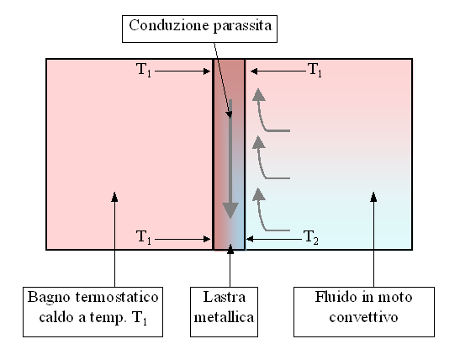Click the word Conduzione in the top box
pyautogui.click(x=169, y=25)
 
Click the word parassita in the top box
pyautogui.click(x=243, y=26)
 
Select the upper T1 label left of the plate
pyautogui.click(x=144, y=70)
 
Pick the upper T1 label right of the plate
pyautogui.click(x=315, y=70)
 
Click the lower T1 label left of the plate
pyautogui.click(x=144, y=236)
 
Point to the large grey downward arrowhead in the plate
pyautogui.click(x=230, y=210)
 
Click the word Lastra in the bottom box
pyautogui.click(x=225, y=297)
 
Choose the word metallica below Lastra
pyautogui.click(x=225, y=317)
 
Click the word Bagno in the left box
pyautogui.click(x=50, y=298)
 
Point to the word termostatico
pyautogui.click(x=117, y=297)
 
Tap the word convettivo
pyautogui.click(x=363, y=317)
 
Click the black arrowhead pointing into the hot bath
pyautogui.click(x=114, y=197)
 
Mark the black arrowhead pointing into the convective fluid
pyautogui.click(x=373, y=197)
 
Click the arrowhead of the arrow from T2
pyautogui.click(x=250, y=239)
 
